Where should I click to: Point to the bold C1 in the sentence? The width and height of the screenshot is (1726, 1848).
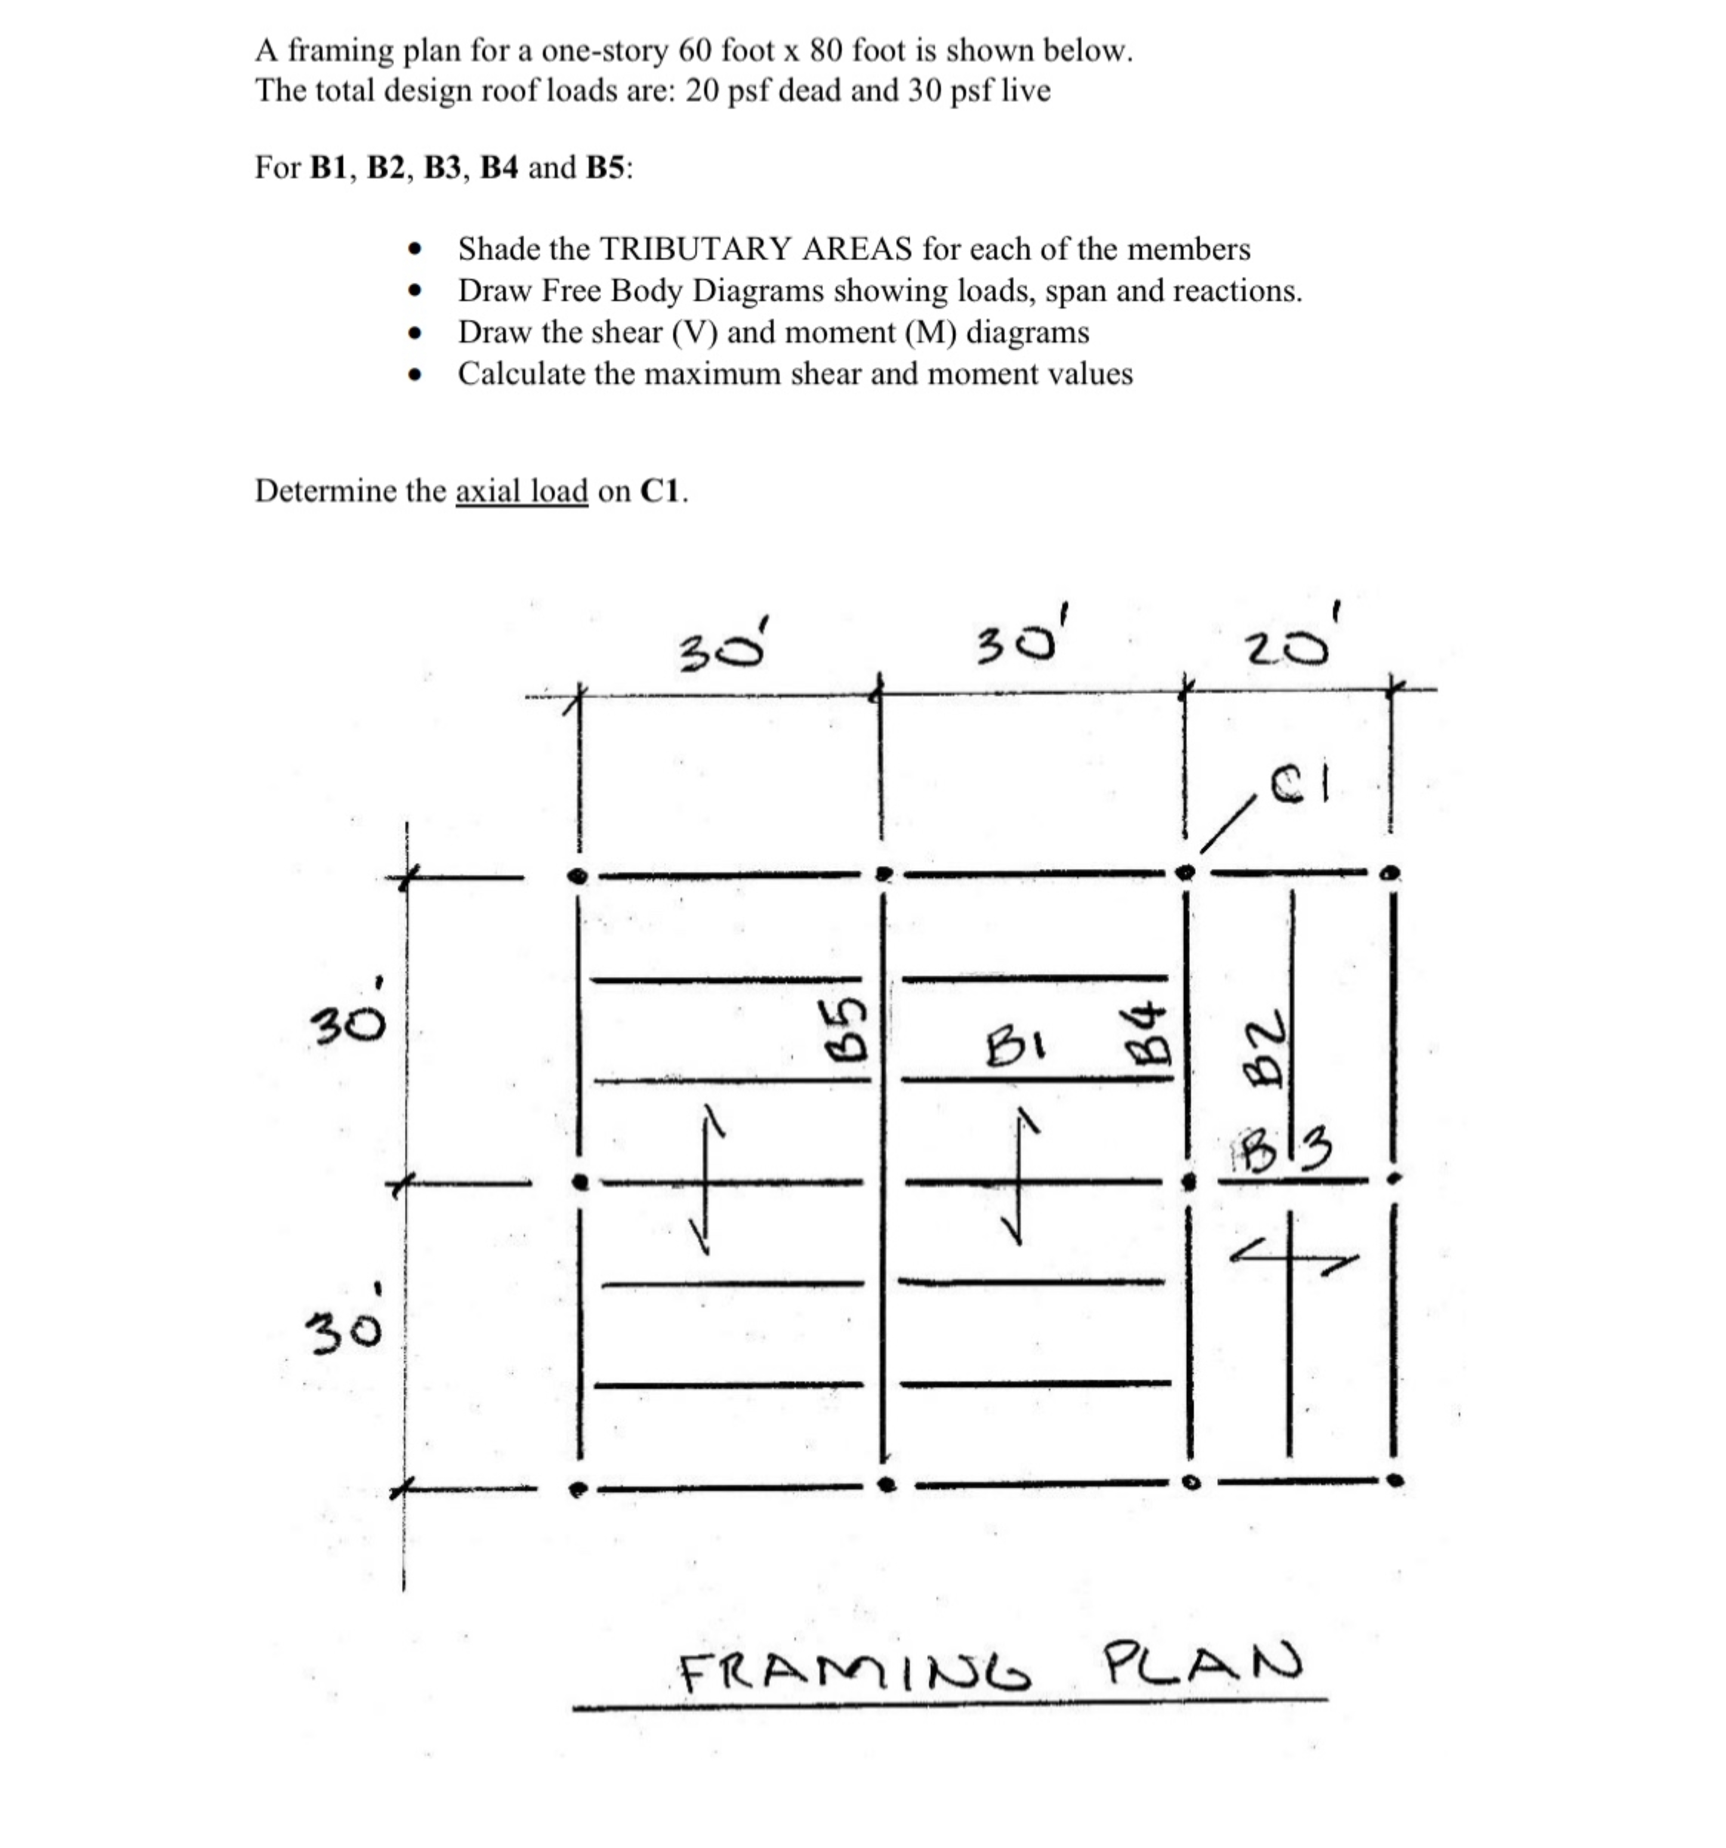[661, 491]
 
